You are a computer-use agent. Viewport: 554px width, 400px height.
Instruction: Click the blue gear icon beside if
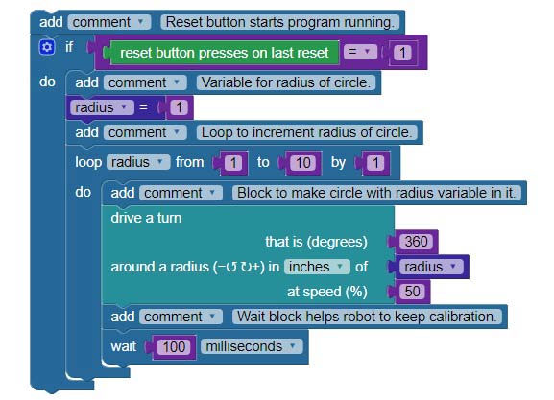(x=47, y=47)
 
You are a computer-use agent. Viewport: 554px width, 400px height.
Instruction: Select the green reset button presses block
(x=224, y=53)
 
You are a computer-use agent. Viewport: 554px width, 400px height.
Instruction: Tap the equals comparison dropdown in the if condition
(x=360, y=52)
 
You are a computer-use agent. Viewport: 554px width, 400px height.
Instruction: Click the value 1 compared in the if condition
(x=402, y=53)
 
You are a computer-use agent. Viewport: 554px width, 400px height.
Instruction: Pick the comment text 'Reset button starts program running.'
(x=279, y=22)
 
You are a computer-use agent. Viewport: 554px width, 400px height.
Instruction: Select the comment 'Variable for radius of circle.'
(x=286, y=82)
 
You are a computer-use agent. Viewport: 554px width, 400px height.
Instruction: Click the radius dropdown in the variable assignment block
(x=102, y=107)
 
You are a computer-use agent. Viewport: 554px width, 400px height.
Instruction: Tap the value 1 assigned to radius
(x=179, y=107)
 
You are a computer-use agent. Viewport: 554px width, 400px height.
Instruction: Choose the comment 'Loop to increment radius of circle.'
(x=306, y=132)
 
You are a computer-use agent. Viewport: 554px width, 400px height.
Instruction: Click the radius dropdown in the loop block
(x=138, y=162)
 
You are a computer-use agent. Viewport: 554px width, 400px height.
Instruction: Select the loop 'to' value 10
(x=303, y=163)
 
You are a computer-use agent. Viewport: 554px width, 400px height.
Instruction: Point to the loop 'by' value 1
(x=375, y=163)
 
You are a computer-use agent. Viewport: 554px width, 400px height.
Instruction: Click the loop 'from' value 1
(x=233, y=163)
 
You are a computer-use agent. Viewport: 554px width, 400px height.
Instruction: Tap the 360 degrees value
(x=416, y=242)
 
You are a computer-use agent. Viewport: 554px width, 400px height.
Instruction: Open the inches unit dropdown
(x=317, y=267)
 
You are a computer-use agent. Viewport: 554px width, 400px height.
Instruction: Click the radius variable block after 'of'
(x=431, y=267)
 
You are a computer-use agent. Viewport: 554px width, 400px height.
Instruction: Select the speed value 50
(x=412, y=292)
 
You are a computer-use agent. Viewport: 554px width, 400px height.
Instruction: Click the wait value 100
(x=174, y=347)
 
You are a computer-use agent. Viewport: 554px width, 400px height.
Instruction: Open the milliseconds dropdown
(x=252, y=346)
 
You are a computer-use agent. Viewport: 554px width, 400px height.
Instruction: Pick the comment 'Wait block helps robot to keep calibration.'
(x=367, y=317)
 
